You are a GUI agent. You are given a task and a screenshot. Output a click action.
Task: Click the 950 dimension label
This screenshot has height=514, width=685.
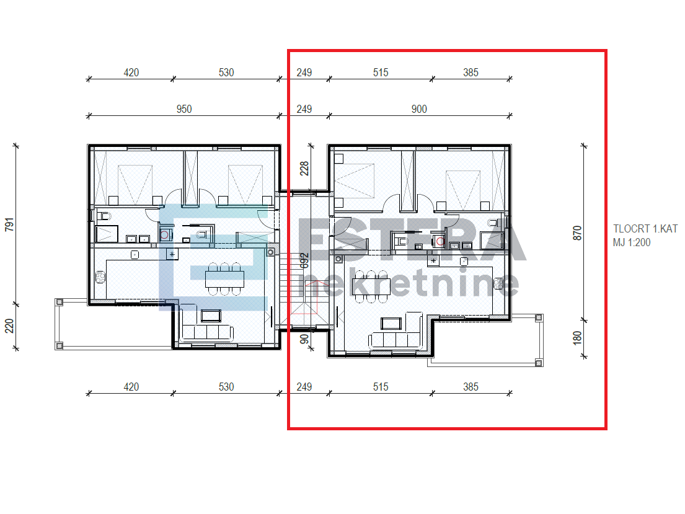click(x=184, y=109)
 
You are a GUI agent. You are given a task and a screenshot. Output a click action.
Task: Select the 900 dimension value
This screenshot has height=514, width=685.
click(x=419, y=109)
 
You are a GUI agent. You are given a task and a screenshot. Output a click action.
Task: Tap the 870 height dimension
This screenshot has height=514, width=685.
click(x=578, y=233)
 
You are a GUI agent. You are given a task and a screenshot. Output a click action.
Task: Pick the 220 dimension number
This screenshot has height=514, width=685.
click(x=9, y=326)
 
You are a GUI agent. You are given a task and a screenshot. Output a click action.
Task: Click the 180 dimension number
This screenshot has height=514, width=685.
click(x=578, y=339)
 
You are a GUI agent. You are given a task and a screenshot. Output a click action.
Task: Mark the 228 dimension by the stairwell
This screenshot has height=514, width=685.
click(x=304, y=169)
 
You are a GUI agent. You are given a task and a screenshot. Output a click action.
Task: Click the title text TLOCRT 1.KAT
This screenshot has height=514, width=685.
click(x=645, y=229)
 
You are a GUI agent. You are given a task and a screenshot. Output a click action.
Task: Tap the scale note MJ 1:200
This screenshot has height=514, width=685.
click(x=632, y=242)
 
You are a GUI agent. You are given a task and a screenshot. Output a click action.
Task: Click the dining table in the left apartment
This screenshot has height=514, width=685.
click(x=224, y=277)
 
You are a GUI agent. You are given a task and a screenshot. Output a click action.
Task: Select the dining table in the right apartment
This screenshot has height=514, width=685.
click(x=371, y=286)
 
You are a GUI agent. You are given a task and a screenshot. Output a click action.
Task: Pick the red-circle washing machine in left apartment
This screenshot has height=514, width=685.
click(x=164, y=235)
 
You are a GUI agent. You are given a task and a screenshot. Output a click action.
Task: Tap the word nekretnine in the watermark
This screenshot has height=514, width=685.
click(x=409, y=284)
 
